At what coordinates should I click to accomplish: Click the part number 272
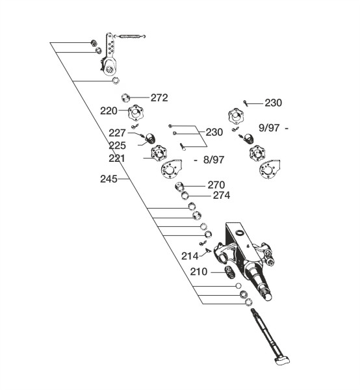159,97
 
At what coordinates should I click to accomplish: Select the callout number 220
109,111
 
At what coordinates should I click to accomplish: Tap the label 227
117,133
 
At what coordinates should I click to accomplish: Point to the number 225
117,146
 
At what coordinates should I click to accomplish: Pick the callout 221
117,159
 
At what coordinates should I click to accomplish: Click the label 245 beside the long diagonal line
109,179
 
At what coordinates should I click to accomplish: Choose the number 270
216,185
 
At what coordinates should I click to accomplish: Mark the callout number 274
222,196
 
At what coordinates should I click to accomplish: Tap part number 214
190,256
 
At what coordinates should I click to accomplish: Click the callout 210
199,272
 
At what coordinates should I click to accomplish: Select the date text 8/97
214,160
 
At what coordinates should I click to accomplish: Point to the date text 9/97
269,128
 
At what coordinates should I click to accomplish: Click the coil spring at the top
130,36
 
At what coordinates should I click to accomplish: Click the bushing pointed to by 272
126,97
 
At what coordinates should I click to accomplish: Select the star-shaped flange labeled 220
136,113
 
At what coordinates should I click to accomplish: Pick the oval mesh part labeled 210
230,272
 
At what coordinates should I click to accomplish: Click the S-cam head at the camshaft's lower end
283,359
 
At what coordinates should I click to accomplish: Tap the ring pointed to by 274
185,196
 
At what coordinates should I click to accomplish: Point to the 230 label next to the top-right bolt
273,103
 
